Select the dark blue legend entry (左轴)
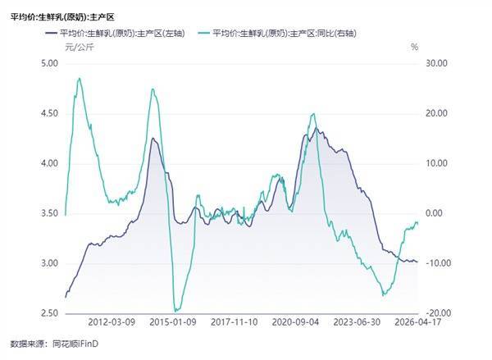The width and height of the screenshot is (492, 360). pyautogui.click(x=123, y=34)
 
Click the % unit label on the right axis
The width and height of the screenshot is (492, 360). pyautogui.click(x=415, y=48)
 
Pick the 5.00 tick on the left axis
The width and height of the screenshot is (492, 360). pyautogui.click(x=49, y=63)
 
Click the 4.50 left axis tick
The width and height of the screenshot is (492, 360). pyautogui.click(x=49, y=113)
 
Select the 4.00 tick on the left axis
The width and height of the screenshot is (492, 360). pyautogui.click(x=49, y=163)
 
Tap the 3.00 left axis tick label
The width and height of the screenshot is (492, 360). pyautogui.click(x=49, y=263)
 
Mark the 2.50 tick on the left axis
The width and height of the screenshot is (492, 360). pyautogui.click(x=49, y=313)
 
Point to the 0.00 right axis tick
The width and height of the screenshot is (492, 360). pyautogui.click(x=435, y=213)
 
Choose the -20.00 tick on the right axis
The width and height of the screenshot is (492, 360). pyautogui.click(x=436, y=313)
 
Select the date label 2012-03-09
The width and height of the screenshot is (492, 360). pyautogui.click(x=111, y=324)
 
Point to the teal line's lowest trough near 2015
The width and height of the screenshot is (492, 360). pyautogui.click(x=175, y=310)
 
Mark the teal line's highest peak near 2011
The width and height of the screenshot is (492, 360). pyautogui.click(x=79, y=79)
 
